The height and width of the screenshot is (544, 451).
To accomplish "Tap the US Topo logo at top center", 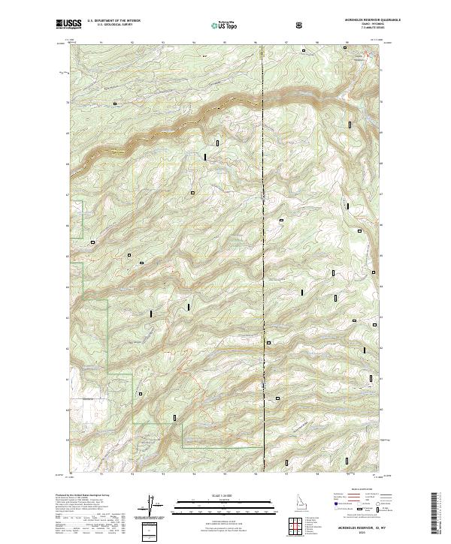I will (x=219, y=26).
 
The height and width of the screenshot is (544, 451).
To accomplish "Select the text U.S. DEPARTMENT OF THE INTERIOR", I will (x=114, y=22).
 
